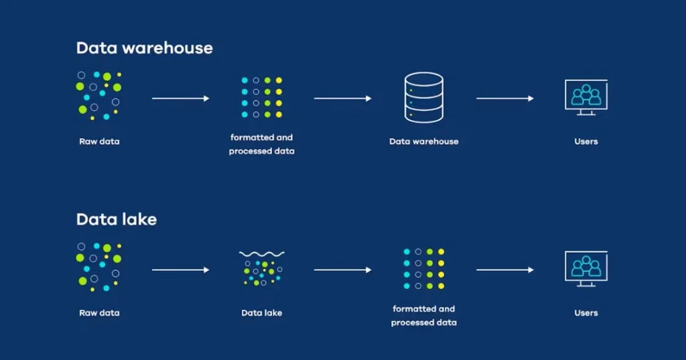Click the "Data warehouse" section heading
(x=144, y=48)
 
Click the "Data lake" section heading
(x=116, y=219)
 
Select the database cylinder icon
(x=424, y=98)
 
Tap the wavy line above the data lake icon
(x=262, y=254)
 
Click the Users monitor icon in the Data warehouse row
(x=586, y=98)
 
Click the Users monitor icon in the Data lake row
(x=586, y=269)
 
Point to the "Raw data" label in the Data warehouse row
(x=99, y=141)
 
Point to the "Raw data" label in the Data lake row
(x=99, y=313)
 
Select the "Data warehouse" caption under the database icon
(x=424, y=141)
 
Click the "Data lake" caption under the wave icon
(x=262, y=313)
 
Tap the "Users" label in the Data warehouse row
(x=586, y=141)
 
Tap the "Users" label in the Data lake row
(x=586, y=313)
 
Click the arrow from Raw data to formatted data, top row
(x=181, y=99)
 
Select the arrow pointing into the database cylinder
(x=342, y=99)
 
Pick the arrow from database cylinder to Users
(x=505, y=99)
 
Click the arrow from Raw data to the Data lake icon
(x=181, y=270)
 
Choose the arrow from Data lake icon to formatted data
(x=342, y=270)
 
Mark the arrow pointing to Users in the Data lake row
(x=505, y=270)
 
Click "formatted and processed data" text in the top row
(x=261, y=144)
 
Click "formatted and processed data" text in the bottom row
(x=424, y=316)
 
